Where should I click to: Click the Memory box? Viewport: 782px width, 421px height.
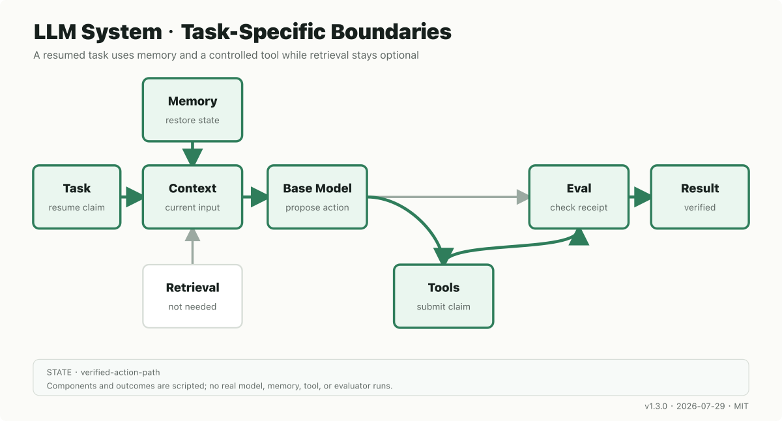tap(192, 109)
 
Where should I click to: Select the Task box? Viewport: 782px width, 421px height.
tap(77, 197)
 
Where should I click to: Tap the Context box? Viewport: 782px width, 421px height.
tap(192, 197)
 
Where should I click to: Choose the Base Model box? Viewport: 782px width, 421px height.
tap(317, 197)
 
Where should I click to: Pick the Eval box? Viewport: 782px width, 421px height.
tap(579, 197)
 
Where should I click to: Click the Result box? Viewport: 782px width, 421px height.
tap(700, 197)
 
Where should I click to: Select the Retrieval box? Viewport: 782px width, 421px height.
tap(192, 296)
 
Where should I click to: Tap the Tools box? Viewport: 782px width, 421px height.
tap(443, 296)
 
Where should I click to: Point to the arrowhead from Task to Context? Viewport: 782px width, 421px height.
tap(134, 197)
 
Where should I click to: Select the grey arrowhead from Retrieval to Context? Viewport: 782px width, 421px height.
tap(192, 235)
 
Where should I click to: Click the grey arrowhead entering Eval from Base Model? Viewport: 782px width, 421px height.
tap(523, 197)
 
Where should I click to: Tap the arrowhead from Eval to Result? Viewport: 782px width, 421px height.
tap(643, 197)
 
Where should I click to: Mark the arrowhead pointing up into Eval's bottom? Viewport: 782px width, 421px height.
tap(579, 237)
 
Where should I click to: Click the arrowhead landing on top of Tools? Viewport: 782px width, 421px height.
tap(443, 256)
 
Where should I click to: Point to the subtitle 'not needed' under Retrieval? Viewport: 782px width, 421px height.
tap(192, 306)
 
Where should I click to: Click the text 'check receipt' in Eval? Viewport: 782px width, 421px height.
tap(579, 207)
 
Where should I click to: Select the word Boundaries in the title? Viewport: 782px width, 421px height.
tap(391, 32)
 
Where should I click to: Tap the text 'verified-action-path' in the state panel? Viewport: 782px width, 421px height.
tap(121, 372)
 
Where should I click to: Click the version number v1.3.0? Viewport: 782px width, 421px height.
tap(656, 407)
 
